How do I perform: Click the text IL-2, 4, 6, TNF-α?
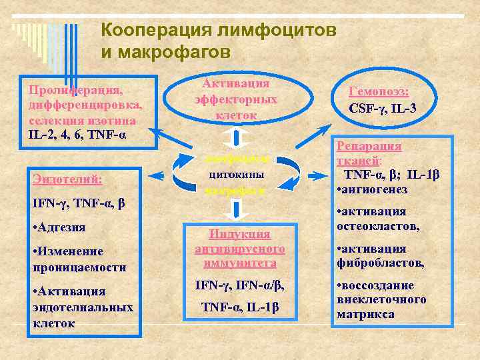coord(77,134)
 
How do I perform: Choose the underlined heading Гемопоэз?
coord(379,93)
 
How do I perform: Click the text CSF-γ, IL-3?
coord(382,108)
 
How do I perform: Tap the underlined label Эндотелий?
coord(67,179)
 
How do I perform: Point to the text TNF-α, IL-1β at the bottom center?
coord(240,307)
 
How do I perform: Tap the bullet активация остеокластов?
coord(379,219)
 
